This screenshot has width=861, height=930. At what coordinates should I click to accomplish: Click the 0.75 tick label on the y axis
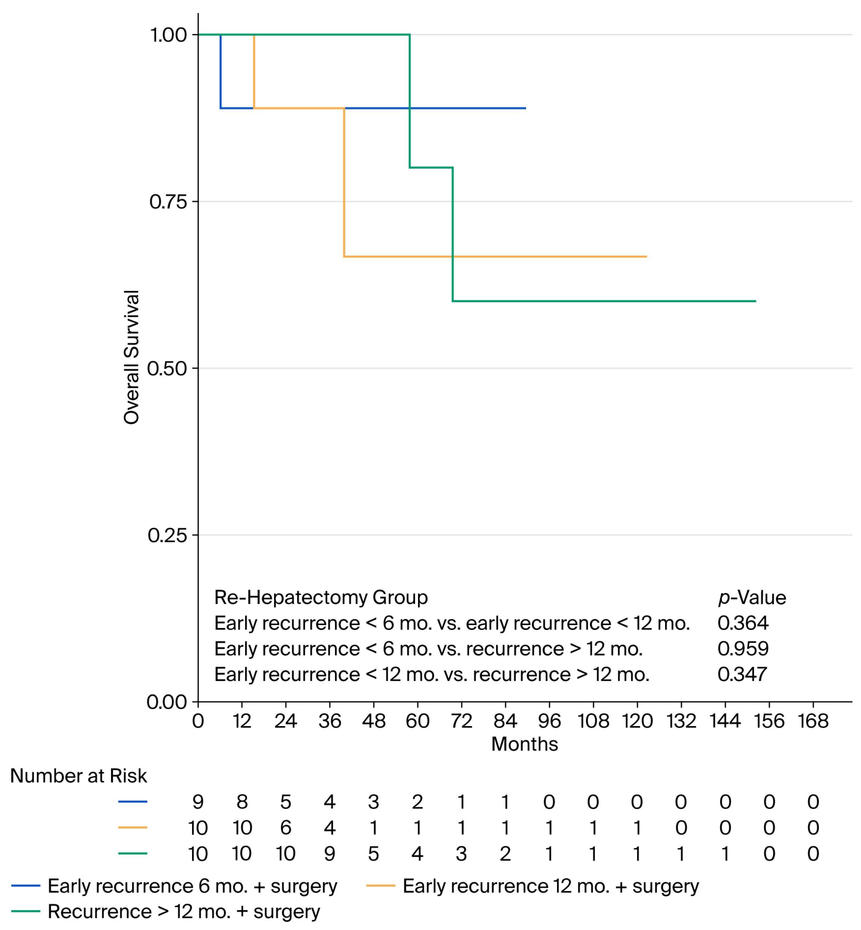(168, 202)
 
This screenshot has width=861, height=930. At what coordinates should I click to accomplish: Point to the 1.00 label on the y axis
(168, 35)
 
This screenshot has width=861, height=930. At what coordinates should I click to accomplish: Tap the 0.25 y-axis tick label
(167, 535)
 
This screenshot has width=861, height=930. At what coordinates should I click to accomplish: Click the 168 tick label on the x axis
(813, 721)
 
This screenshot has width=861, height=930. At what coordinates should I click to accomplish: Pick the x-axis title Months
(525, 744)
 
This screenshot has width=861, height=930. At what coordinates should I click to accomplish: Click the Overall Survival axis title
(132, 357)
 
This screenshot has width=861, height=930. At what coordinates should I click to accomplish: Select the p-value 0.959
(743, 648)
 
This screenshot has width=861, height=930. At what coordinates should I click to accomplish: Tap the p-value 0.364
(743, 623)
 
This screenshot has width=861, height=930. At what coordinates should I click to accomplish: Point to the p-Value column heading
(752, 598)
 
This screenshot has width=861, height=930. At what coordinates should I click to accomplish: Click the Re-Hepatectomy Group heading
(321, 598)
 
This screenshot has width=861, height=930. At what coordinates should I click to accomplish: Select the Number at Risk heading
(78, 776)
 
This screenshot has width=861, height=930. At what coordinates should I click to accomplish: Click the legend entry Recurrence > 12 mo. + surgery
(166, 911)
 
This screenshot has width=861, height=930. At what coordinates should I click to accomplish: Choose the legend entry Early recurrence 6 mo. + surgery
(174, 886)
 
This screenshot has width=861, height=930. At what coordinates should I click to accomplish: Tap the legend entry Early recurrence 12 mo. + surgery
(533, 886)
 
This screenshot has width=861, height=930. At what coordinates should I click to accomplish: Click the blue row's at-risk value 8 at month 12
(242, 802)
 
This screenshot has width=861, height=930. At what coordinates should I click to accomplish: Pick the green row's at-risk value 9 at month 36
(330, 854)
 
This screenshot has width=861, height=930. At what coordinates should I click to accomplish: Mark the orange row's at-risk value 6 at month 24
(286, 828)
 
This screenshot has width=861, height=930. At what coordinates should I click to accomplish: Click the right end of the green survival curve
(756, 301)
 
